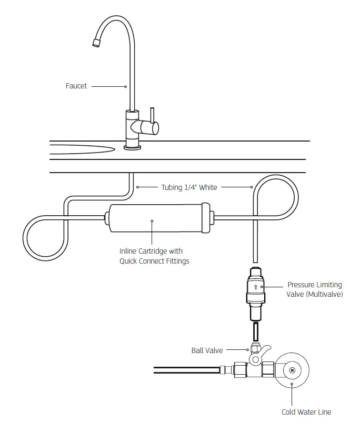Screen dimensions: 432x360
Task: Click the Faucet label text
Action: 76,86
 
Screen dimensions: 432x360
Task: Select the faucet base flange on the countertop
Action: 132,147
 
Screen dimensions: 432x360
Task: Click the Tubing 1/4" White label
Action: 189,187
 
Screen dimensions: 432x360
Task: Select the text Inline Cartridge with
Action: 151,252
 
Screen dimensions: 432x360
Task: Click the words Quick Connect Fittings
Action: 154,261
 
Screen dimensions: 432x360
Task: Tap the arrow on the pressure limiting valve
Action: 256,287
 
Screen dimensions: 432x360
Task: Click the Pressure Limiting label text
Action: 314,285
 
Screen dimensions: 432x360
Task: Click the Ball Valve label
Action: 207,350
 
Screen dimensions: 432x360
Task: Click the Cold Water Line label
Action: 306,412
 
